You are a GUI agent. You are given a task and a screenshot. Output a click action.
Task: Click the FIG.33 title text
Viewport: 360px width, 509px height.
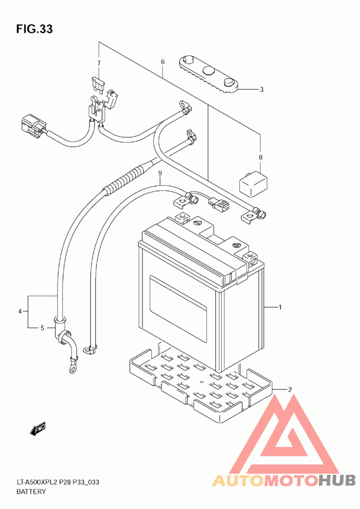click(35, 29)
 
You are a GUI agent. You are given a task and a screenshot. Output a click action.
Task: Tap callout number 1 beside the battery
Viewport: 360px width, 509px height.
click(280, 307)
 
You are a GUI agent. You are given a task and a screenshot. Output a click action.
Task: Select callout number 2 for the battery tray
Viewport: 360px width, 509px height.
click(290, 389)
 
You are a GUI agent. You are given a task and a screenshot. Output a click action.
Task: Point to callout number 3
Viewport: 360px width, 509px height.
click(261, 89)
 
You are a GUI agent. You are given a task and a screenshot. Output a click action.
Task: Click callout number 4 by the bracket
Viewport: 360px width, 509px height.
click(20, 312)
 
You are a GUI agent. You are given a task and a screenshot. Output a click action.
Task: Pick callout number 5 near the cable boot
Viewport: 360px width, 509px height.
click(42, 328)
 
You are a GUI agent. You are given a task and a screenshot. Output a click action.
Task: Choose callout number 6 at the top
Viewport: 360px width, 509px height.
click(163, 62)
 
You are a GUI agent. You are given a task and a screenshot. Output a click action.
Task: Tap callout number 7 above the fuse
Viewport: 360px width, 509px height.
click(99, 63)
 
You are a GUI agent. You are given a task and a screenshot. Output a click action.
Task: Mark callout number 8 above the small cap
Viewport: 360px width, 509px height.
click(260, 157)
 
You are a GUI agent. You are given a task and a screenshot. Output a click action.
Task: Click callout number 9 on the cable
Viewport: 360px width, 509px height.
click(160, 174)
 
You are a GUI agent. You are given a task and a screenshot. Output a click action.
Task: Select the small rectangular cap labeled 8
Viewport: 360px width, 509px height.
click(253, 184)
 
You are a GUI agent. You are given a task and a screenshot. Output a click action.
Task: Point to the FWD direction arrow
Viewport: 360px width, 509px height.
click(38, 429)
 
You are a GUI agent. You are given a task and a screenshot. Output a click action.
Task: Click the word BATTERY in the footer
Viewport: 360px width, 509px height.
click(31, 491)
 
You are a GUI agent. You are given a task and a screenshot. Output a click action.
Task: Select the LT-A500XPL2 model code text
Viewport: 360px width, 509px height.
click(37, 482)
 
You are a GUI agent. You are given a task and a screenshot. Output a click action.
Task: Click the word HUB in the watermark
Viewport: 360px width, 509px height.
click(337, 480)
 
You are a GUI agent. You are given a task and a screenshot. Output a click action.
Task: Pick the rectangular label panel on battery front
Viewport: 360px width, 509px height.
click(178, 309)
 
